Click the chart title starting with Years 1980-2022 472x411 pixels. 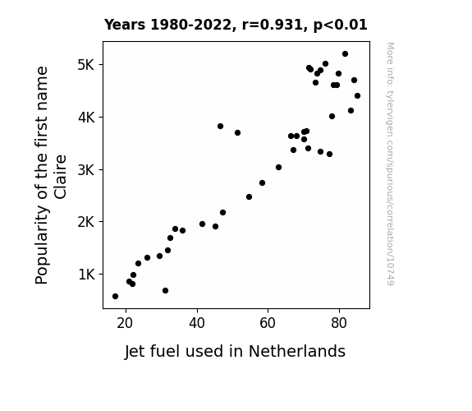(x=236, y=25)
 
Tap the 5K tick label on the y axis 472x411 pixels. (x=86, y=65)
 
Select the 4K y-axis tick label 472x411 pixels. (x=86, y=118)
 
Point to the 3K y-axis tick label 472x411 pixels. (x=86, y=170)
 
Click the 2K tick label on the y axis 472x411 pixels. (x=86, y=222)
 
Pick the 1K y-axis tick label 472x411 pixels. (x=86, y=275)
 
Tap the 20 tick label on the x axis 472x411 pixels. (x=125, y=323)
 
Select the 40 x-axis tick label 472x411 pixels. (x=197, y=323)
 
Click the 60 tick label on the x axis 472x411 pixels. (x=268, y=323)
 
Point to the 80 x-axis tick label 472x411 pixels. (x=339, y=323)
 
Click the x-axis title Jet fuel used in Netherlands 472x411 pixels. (x=235, y=351)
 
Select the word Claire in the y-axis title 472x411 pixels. (x=61, y=177)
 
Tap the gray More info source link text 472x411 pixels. (x=390, y=164)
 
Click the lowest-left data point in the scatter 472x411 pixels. (x=115, y=297)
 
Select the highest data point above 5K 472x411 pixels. (x=345, y=54)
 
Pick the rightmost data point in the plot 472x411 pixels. (x=357, y=96)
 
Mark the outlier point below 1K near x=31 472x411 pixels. (x=165, y=291)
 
